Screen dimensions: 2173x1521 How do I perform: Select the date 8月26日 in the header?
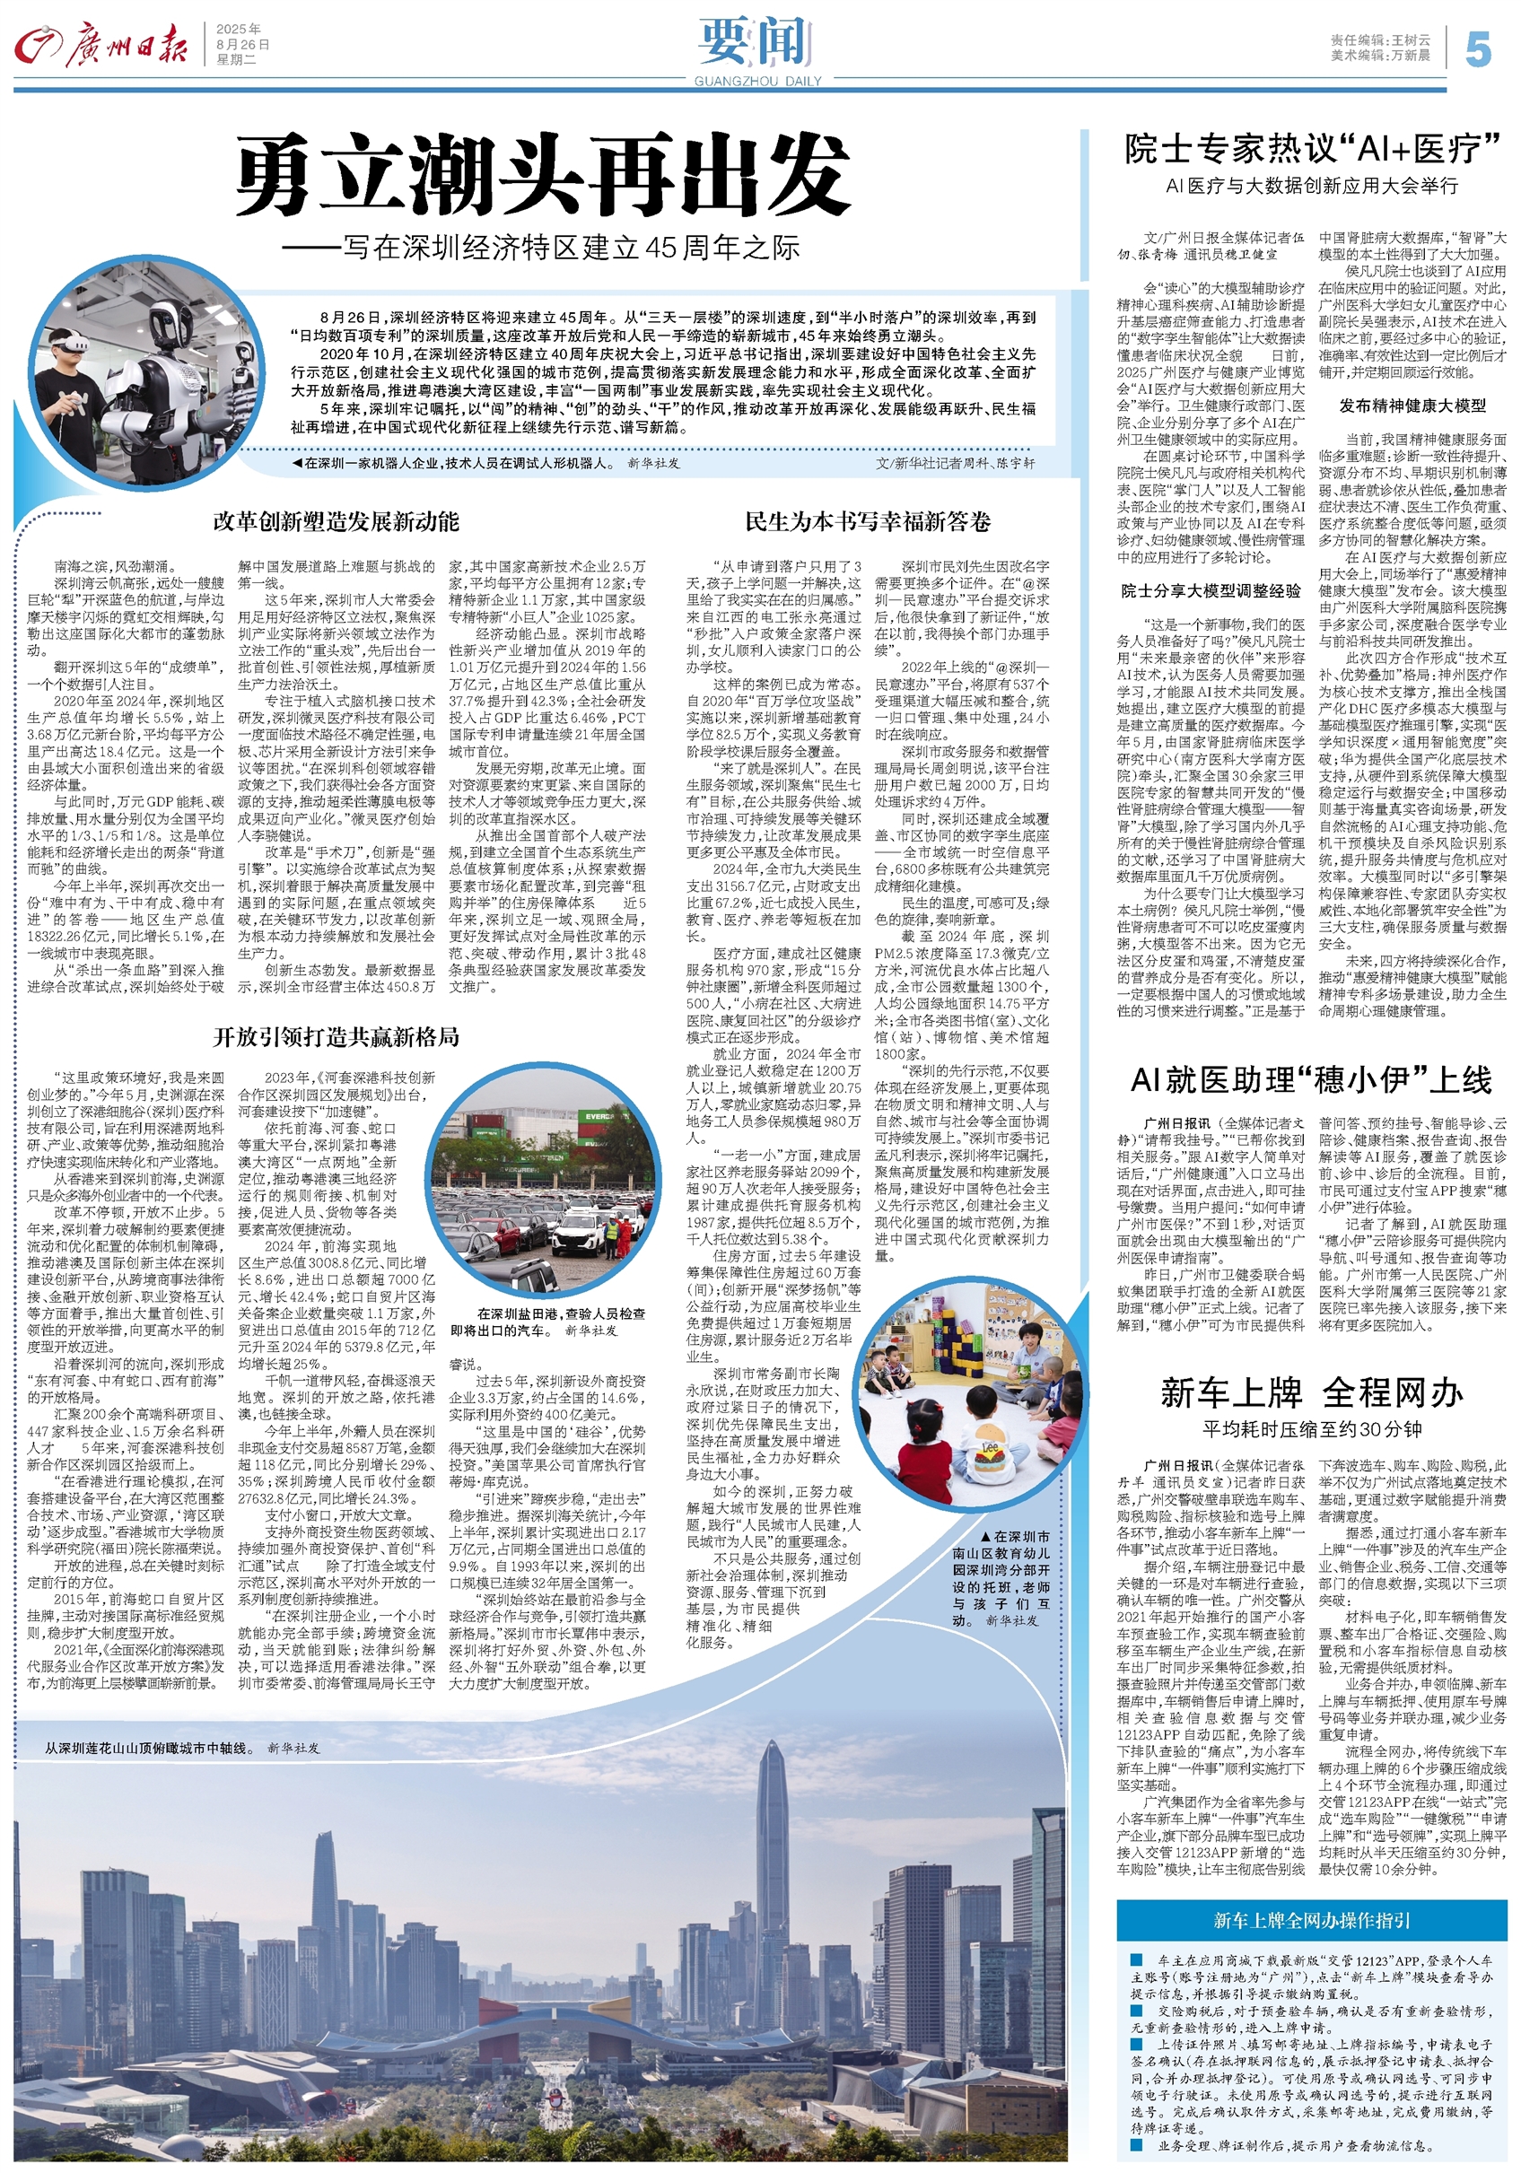[x=242, y=45]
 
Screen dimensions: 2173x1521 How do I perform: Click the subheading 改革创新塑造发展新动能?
[x=336, y=521]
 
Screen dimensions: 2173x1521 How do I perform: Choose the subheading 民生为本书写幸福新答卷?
[x=868, y=521]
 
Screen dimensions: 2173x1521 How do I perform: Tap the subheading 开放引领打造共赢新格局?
[x=336, y=1036]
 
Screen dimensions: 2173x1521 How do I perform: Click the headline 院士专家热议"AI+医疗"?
[x=1314, y=150]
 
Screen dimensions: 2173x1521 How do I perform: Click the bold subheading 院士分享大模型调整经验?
[x=1211, y=591]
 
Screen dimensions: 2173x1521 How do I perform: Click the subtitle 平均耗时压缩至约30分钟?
[x=1312, y=1429]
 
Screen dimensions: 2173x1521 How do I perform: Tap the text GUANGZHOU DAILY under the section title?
[x=757, y=82]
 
